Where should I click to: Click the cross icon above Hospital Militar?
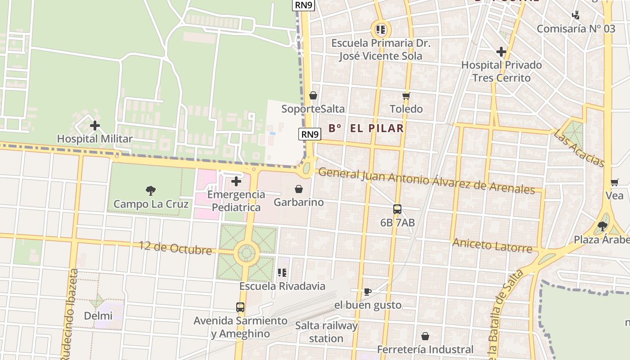(95, 126)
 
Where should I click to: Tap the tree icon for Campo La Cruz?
(151, 190)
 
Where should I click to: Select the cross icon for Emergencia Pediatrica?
(236, 181)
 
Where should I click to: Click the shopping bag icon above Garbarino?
(298, 189)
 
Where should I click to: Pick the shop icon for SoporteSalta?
(313, 95)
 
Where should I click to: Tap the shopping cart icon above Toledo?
(406, 96)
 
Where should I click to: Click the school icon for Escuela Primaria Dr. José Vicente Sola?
(381, 30)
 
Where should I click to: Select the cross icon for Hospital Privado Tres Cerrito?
(501, 52)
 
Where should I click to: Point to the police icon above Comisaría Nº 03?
(576, 16)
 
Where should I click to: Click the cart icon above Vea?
(614, 183)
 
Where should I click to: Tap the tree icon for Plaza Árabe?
(603, 226)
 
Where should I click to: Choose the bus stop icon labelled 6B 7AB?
(397, 209)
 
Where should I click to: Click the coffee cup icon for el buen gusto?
(367, 292)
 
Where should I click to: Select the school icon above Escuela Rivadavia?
(282, 273)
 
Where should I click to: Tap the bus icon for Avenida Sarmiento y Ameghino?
(240, 307)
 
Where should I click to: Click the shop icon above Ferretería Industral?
(425, 336)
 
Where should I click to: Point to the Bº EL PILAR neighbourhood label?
(366, 128)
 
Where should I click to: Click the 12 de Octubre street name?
(175, 247)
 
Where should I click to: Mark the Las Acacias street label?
(579, 148)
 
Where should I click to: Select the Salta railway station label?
(326, 332)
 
